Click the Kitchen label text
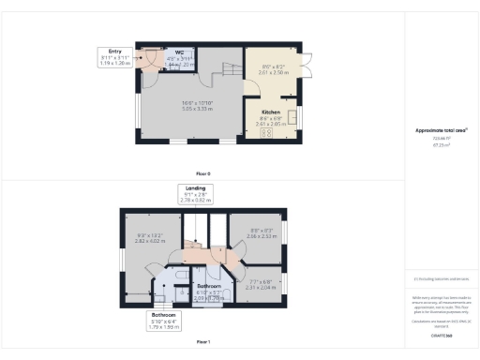pyautogui.click(x=270, y=112)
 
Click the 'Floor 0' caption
pyautogui.click(x=203, y=174)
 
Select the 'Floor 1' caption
pyautogui.click(x=203, y=343)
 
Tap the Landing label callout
pyautogui.click(x=195, y=193)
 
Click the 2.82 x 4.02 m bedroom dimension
pyautogui.click(x=151, y=241)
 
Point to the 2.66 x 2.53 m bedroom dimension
pyautogui.click(x=261, y=236)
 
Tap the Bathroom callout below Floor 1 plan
pyautogui.click(x=164, y=321)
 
